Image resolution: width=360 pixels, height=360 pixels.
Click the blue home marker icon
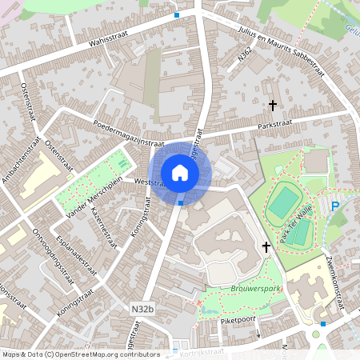pyautogui.click(x=180, y=172)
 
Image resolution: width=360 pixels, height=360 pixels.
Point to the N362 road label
pyautogui.click(x=246, y=58)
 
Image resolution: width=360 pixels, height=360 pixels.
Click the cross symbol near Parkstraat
pyautogui.click(x=273, y=105)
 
